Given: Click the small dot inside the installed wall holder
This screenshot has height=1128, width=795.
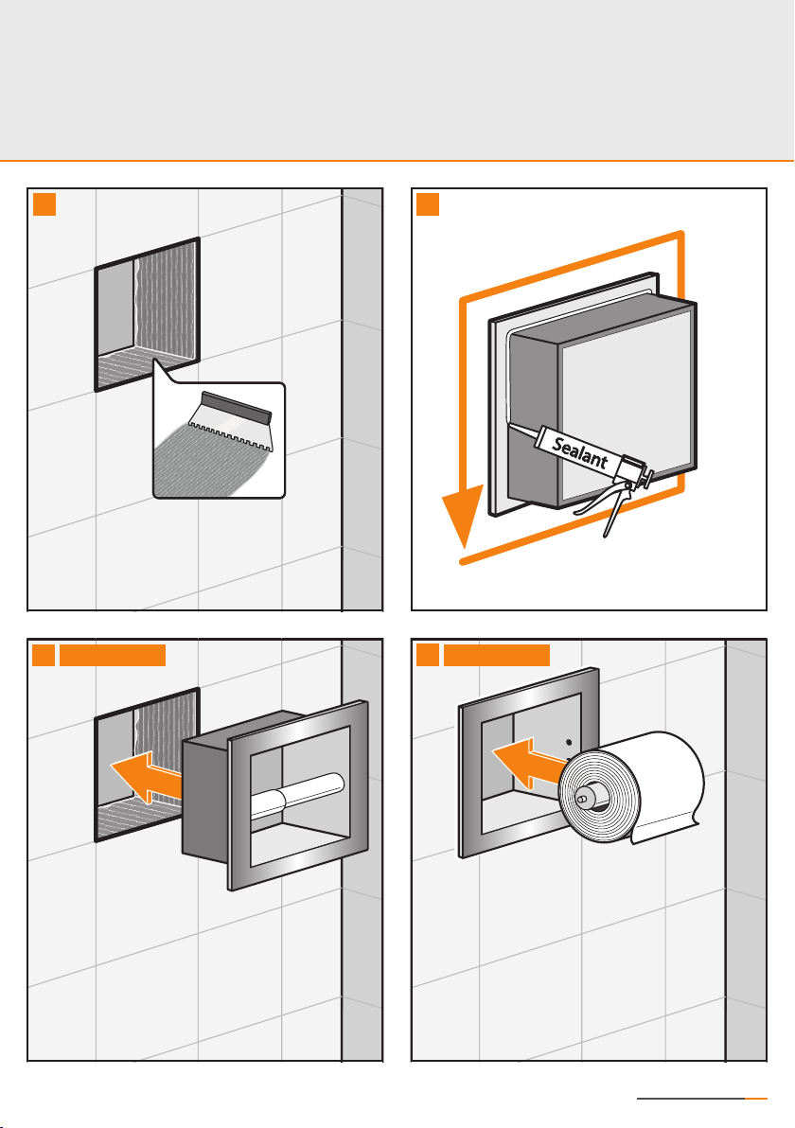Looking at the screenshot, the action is click(x=570, y=742).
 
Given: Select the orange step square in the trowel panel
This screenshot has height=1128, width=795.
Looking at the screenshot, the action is click(x=44, y=203).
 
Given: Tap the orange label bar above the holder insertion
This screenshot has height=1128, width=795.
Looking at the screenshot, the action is click(x=113, y=654).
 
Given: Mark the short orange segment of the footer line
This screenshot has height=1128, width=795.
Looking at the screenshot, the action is click(x=757, y=1100).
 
